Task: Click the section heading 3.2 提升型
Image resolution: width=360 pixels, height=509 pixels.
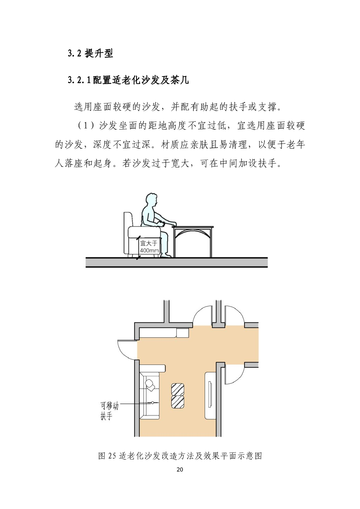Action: pos(90,53)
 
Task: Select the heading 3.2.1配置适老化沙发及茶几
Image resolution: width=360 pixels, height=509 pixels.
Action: pos(128,80)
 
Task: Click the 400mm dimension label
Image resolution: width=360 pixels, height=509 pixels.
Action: pos(149,251)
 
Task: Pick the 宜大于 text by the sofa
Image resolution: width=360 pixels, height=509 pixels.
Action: pos(149,243)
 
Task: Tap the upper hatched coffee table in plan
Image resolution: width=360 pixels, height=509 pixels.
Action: pos(177,390)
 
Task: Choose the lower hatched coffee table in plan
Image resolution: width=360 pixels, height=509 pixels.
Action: pos(177,402)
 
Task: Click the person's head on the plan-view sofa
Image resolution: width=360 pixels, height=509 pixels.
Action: pos(150,383)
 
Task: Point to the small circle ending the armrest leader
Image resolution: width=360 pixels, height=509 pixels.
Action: pos(153,403)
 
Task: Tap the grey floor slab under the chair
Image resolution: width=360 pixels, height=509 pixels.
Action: pos(177,262)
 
